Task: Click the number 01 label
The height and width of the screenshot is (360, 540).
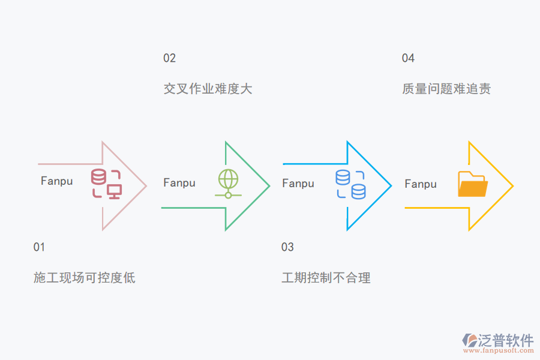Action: [x=39, y=247]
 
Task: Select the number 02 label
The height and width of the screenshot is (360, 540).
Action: [x=170, y=58]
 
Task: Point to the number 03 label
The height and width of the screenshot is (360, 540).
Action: [x=287, y=247]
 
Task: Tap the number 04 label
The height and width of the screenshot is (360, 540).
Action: [x=408, y=58]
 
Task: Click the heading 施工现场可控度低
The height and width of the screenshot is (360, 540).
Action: [x=85, y=278]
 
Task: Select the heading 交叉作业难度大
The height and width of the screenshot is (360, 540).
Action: [x=208, y=89]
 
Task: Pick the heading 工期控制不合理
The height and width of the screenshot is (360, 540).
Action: [x=326, y=278]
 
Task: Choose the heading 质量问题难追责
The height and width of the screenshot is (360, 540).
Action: [x=446, y=89]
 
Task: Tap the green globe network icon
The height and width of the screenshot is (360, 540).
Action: [x=228, y=184]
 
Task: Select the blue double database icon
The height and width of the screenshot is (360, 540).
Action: [x=350, y=184]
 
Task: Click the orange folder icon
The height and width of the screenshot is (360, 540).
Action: [x=472, y=184]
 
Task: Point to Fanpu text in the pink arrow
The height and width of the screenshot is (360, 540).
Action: [x=57, y=181]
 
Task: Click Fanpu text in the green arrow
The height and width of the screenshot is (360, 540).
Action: [x=179, y=183]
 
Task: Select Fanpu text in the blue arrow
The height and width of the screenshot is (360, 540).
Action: [x=298, y=184]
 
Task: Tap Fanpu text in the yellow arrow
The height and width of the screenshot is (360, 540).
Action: [x=421, y=184]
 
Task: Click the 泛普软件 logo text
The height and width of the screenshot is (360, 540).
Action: [x=506, y=340]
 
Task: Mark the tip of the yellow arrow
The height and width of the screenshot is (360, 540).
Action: [x=512, y=186]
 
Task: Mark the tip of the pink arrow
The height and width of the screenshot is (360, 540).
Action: [x=146, y=186]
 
